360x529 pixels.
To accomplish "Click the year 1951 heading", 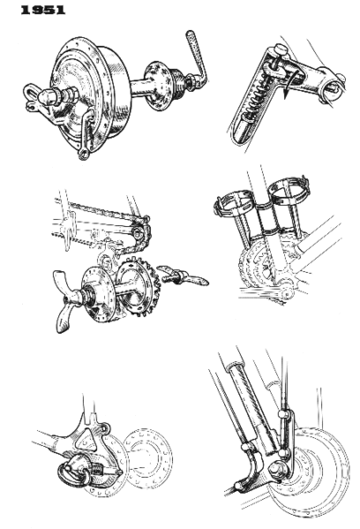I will click(26, 10).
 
